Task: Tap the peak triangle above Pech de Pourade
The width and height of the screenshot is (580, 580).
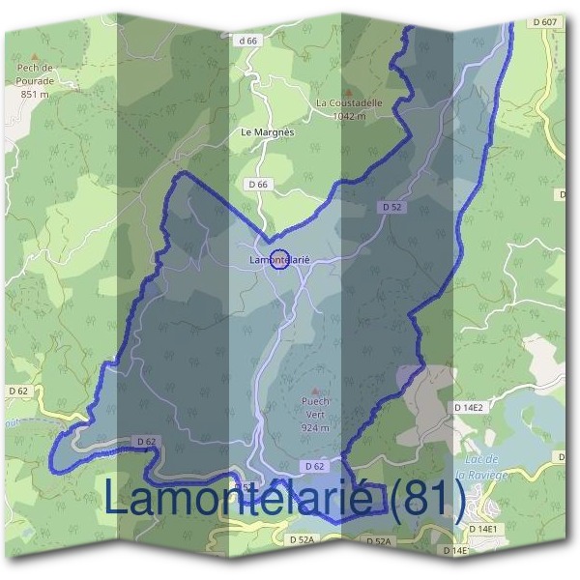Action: [x=36, y=57]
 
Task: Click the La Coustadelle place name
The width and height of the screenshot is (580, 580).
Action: [x=350, y=101]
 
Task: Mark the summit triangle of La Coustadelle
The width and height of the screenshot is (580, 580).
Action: [x=351, y=88]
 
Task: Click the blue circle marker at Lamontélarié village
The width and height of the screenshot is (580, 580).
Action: [x=278, y=259]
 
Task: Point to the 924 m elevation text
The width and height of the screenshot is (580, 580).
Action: [x=315, y=427]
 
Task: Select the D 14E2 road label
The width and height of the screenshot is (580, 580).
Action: [x=469, y=408]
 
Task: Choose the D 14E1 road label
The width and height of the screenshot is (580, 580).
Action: [x=481, y=529]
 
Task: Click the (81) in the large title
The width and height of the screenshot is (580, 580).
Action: [x=428, y=499]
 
